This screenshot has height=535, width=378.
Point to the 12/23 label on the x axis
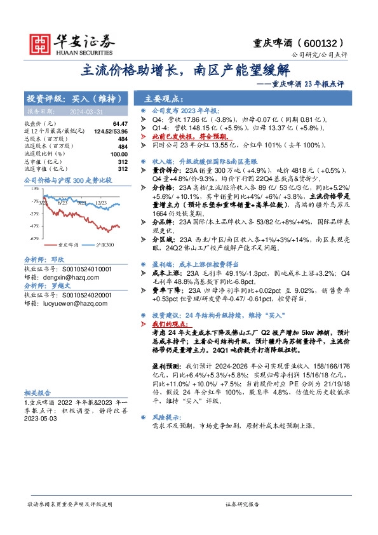click(x=100, y=201)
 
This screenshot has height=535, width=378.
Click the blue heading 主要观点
click(x=163, y=100)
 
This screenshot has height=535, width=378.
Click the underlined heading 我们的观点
click(x=172, y=323)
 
